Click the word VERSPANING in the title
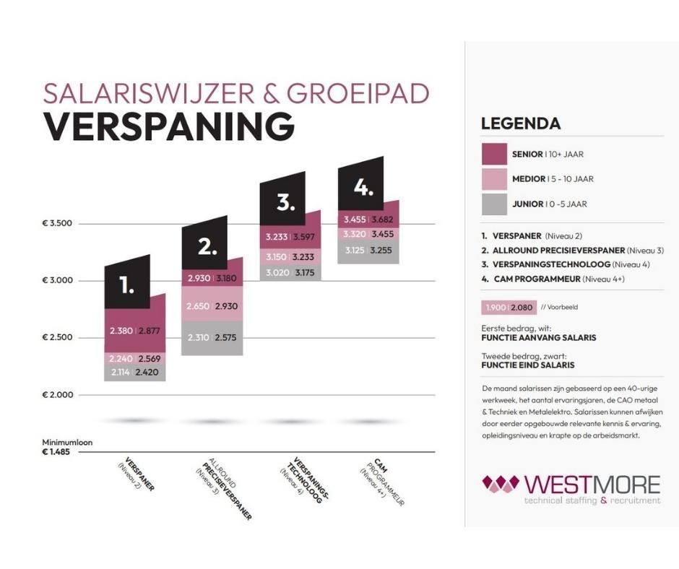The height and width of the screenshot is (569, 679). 168,126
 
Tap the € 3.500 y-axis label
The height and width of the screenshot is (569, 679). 57,224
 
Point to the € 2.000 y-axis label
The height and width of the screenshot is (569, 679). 57,395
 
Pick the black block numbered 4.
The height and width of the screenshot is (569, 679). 363,188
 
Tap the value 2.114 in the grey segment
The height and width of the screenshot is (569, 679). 121,373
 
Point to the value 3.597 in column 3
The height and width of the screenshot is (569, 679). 304,237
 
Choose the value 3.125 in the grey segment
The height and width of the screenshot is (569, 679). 354,251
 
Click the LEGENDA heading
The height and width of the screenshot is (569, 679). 521,123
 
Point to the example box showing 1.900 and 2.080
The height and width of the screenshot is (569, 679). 509,308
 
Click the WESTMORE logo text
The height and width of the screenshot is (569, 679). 592,482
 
